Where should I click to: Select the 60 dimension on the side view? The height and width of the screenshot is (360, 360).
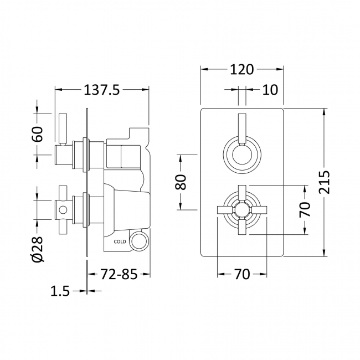(37, 135)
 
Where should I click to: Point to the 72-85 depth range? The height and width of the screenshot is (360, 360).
(119, 274)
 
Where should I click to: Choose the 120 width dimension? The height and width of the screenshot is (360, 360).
(242, 70)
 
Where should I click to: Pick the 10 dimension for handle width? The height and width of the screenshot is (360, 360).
(269, 89)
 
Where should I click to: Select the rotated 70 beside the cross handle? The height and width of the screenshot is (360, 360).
(305, 210)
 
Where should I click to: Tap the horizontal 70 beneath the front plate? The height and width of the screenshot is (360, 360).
(242, 274)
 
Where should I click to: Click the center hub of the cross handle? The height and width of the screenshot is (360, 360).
(241, 210)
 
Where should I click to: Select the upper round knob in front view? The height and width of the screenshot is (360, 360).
(241, 155)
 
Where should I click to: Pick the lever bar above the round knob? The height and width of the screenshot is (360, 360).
(241, 126)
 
